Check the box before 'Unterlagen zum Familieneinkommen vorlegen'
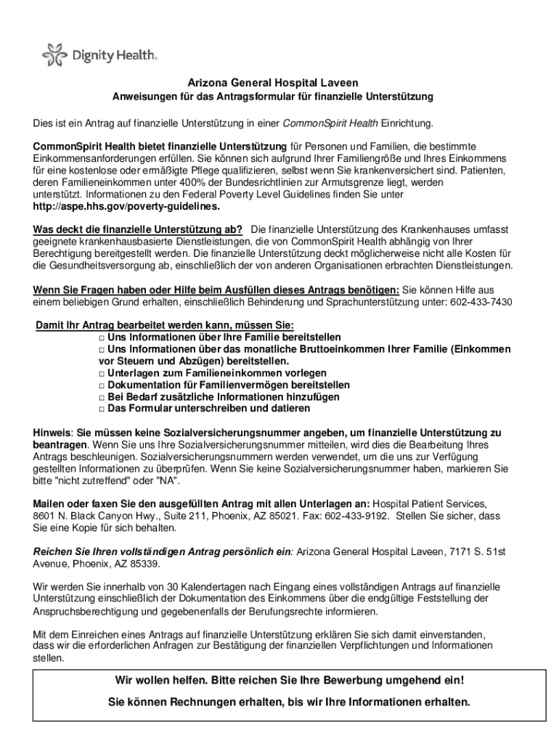pyautogui.click(x=102, y=373)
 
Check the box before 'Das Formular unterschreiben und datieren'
pyautogui.click(x=102, y=409)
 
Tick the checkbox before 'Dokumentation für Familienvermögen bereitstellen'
pyautogui.click(x=102, y=385)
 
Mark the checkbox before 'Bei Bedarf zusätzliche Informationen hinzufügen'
pyautogui.click(x=102, y=397)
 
